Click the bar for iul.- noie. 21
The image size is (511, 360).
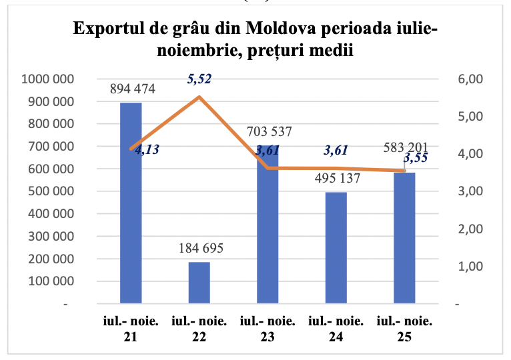(131, 203)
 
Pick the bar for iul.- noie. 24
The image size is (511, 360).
(336, 248)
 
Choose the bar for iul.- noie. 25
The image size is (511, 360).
(404, 238)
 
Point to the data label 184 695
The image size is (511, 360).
(199, 249)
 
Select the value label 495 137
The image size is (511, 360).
(336, 179)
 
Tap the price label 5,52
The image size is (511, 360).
(199, 79)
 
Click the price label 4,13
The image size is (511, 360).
(146, 150)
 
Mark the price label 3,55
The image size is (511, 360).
(415, 158)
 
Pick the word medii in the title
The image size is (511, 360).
(332, 51)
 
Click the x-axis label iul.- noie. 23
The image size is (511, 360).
(268, 329)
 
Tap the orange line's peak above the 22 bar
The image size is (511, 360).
(199, 97)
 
